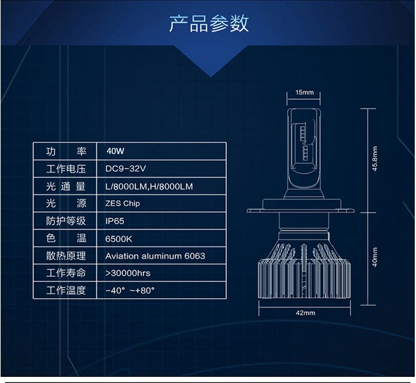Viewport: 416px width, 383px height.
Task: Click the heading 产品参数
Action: tap(209, 24)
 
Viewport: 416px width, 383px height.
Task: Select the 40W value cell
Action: tap(115, 151)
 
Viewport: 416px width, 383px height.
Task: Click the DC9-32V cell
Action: tap(125, 168)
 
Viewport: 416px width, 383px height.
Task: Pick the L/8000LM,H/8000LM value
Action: tap(148, 186)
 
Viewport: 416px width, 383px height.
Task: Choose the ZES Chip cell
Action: tap(123, 203)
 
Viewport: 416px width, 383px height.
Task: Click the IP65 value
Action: tap(115, 221)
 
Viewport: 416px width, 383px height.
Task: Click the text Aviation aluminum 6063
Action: tap(155, 256)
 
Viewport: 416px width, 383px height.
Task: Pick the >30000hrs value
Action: tap(128, 273)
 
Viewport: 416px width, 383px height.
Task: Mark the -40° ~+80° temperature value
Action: tap(129, 290)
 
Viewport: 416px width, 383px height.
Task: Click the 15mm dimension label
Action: tap(304, 93)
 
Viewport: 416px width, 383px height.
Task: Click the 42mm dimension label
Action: tap(305, 313)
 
